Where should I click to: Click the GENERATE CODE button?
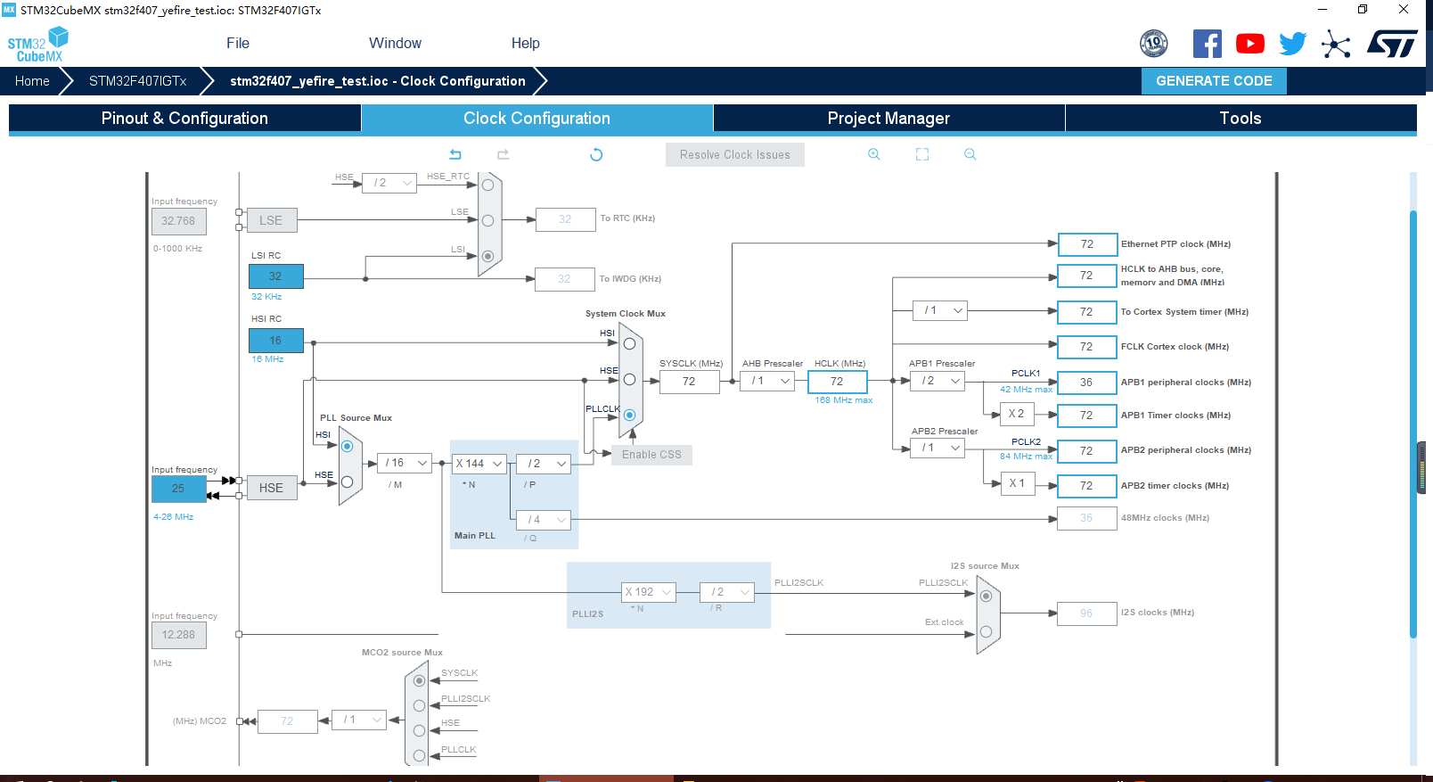(1214, 81)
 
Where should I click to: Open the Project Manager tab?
(888, 119)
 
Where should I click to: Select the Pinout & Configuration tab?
(184, 119)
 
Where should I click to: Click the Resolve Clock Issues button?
(734, 155)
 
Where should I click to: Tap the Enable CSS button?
(651, 455)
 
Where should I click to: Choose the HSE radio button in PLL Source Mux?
(347, 482)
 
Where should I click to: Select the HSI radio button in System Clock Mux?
(629, 343)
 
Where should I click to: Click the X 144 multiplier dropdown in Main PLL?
(479, 464)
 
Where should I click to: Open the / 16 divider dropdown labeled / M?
(405, 463)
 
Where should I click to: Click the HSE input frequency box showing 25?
(178, 489)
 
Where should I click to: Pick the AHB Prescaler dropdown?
(767, 381)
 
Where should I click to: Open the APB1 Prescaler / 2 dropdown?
(938, 381)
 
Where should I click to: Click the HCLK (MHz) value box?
(838, 382)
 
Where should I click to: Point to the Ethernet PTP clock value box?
(1087, 243)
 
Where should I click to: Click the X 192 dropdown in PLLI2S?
(649, 592)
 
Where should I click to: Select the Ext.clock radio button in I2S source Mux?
(986, 631)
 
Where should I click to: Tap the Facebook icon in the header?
(1208, 44)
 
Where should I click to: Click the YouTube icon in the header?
(1250, 44)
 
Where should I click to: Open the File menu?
(238, 43)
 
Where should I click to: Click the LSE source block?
(272, 220)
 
